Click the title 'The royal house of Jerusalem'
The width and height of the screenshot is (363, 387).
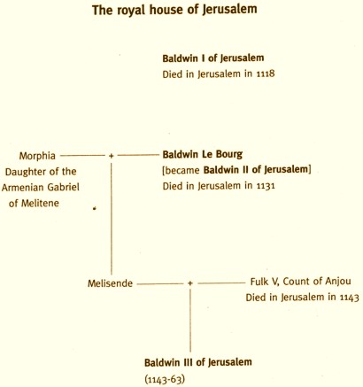click(x=174, y=11)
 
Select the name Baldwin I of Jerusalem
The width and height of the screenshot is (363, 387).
click(x=213, y=58)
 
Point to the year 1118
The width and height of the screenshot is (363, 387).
click(x=266, y=74)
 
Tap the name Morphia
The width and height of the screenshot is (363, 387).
click(x=37, y=156)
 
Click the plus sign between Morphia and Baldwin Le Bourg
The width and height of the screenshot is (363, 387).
click(x=111, y=156)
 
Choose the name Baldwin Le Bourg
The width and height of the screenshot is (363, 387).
click(x=203, y=154)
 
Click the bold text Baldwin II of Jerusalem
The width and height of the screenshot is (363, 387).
click(x=256, y=169)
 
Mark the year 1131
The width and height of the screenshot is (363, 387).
click(x=266, y=186)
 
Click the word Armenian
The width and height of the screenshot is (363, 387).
click(x=23, y=187)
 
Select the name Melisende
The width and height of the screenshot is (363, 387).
click(x=110, y=283)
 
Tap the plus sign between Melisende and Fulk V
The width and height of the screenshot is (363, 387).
click(x=190, y=283)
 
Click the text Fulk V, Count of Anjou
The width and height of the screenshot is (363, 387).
click(x=301, y=282)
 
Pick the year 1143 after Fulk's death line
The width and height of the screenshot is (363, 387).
click(x=349, y=298)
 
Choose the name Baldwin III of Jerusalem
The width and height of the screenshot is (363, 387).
click(x=198, y=362)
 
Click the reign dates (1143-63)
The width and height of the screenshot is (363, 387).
click(x=165, y=379)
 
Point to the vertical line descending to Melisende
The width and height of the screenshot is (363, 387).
click(x=112, y=219)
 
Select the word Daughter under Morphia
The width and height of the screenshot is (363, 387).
click(x=24, y=172)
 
